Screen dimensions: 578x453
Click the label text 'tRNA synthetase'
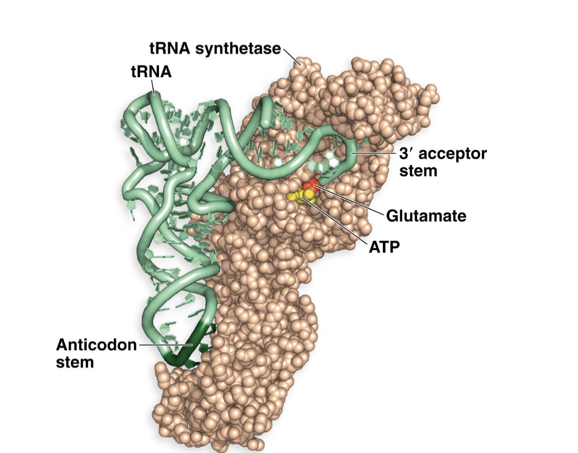point(215,49)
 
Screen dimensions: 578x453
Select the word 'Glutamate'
point(425,216)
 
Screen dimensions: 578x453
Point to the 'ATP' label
point(383,247)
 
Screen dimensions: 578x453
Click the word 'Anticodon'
point(96,345)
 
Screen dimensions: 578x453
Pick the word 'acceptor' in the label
point(453,153)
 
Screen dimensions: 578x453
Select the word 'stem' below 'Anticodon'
point(75,362)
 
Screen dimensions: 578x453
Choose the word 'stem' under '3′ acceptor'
point(418,171)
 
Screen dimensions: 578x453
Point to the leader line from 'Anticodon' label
point(163,344)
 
